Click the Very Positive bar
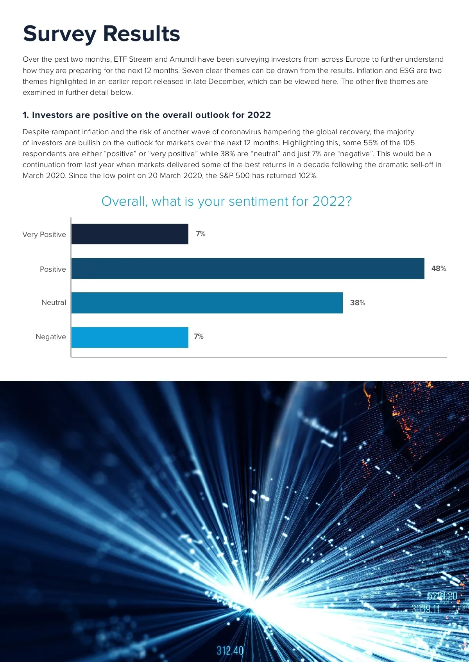(130, 234)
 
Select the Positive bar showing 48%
(248, 269)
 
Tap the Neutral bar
(207, 303)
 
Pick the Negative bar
(130, 337)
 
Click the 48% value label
(439, 269)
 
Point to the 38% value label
(358, 303)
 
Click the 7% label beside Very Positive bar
(200, 234)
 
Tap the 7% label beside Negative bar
(199, 336)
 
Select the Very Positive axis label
(44, 235)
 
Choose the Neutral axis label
(54, 303)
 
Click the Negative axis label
(51, 337)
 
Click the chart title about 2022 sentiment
(227, 201)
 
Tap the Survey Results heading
(102, 34)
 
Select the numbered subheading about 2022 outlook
(147, 115)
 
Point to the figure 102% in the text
(307, 176)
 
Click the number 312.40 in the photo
(230, 651)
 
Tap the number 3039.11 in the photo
(426, 609)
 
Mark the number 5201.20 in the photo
(442, 596)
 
